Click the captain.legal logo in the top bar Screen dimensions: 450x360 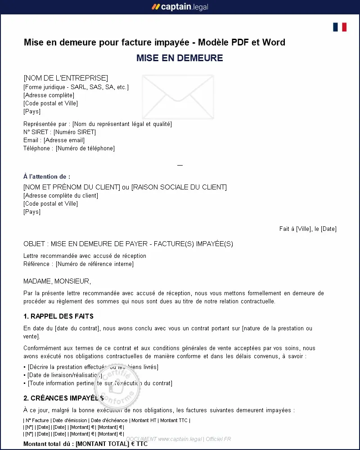(180, 7)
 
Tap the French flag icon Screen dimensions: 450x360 (340, 27)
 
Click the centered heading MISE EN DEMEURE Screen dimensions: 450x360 (180, 58)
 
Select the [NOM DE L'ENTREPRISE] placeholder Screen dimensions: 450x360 (66, 78)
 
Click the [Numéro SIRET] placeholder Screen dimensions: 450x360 (75, 132)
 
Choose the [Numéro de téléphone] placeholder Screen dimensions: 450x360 (85, 148)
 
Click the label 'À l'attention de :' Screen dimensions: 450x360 (47, 177)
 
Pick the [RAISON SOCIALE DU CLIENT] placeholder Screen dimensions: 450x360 (179, 187)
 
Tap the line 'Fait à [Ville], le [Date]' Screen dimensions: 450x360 (308, 229)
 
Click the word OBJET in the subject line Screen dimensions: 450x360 (35, 244)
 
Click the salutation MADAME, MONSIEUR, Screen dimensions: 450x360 (57, 282)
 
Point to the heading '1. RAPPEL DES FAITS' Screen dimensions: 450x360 (58, 316)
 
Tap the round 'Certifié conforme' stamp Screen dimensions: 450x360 (117, 386)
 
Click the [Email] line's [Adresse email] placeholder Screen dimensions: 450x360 (64, 140)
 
